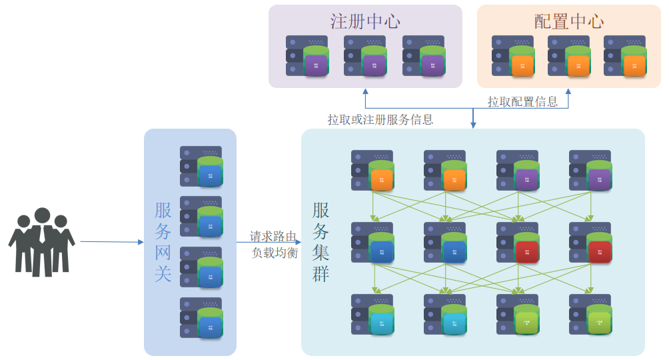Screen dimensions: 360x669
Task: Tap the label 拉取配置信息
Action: tap(522, 102)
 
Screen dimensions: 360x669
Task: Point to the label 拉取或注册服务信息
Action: tap(380, 120)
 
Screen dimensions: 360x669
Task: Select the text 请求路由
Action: tap(273, 237)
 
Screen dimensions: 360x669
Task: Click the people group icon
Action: tap(42, 242)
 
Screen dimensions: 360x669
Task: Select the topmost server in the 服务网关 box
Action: tap(201, 166)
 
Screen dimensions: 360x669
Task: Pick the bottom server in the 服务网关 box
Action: tap(201, 317)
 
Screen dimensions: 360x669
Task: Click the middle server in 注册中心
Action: tap(365, 56)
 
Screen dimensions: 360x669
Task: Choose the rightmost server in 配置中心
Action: tap(625, 56)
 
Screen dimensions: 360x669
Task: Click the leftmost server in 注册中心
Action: tap(307, 56)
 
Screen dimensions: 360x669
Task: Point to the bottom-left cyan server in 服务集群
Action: tap(372, 315)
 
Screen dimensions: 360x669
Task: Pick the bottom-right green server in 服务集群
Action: tap(590, 315)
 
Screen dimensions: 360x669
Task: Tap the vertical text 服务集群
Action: tap(321, 242)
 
